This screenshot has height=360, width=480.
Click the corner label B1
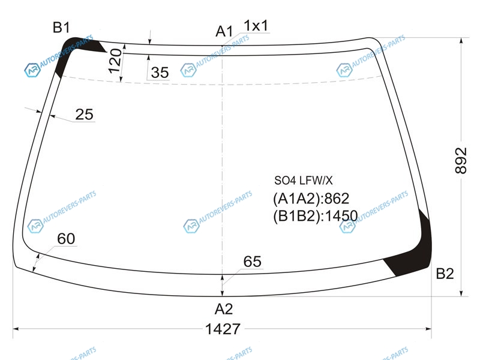(62, 27)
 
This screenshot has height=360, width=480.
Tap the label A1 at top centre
(224, 31)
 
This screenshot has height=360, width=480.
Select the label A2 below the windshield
(224, 309)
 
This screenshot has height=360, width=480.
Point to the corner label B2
(445, 274)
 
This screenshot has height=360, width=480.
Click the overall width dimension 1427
(223, 329)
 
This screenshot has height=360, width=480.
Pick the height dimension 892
(461, 160)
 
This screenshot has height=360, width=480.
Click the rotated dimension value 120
(115, 61)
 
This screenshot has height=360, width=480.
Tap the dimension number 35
(160, 73)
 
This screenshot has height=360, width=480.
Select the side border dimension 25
(84, 115)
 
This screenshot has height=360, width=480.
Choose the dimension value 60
(66, 239)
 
